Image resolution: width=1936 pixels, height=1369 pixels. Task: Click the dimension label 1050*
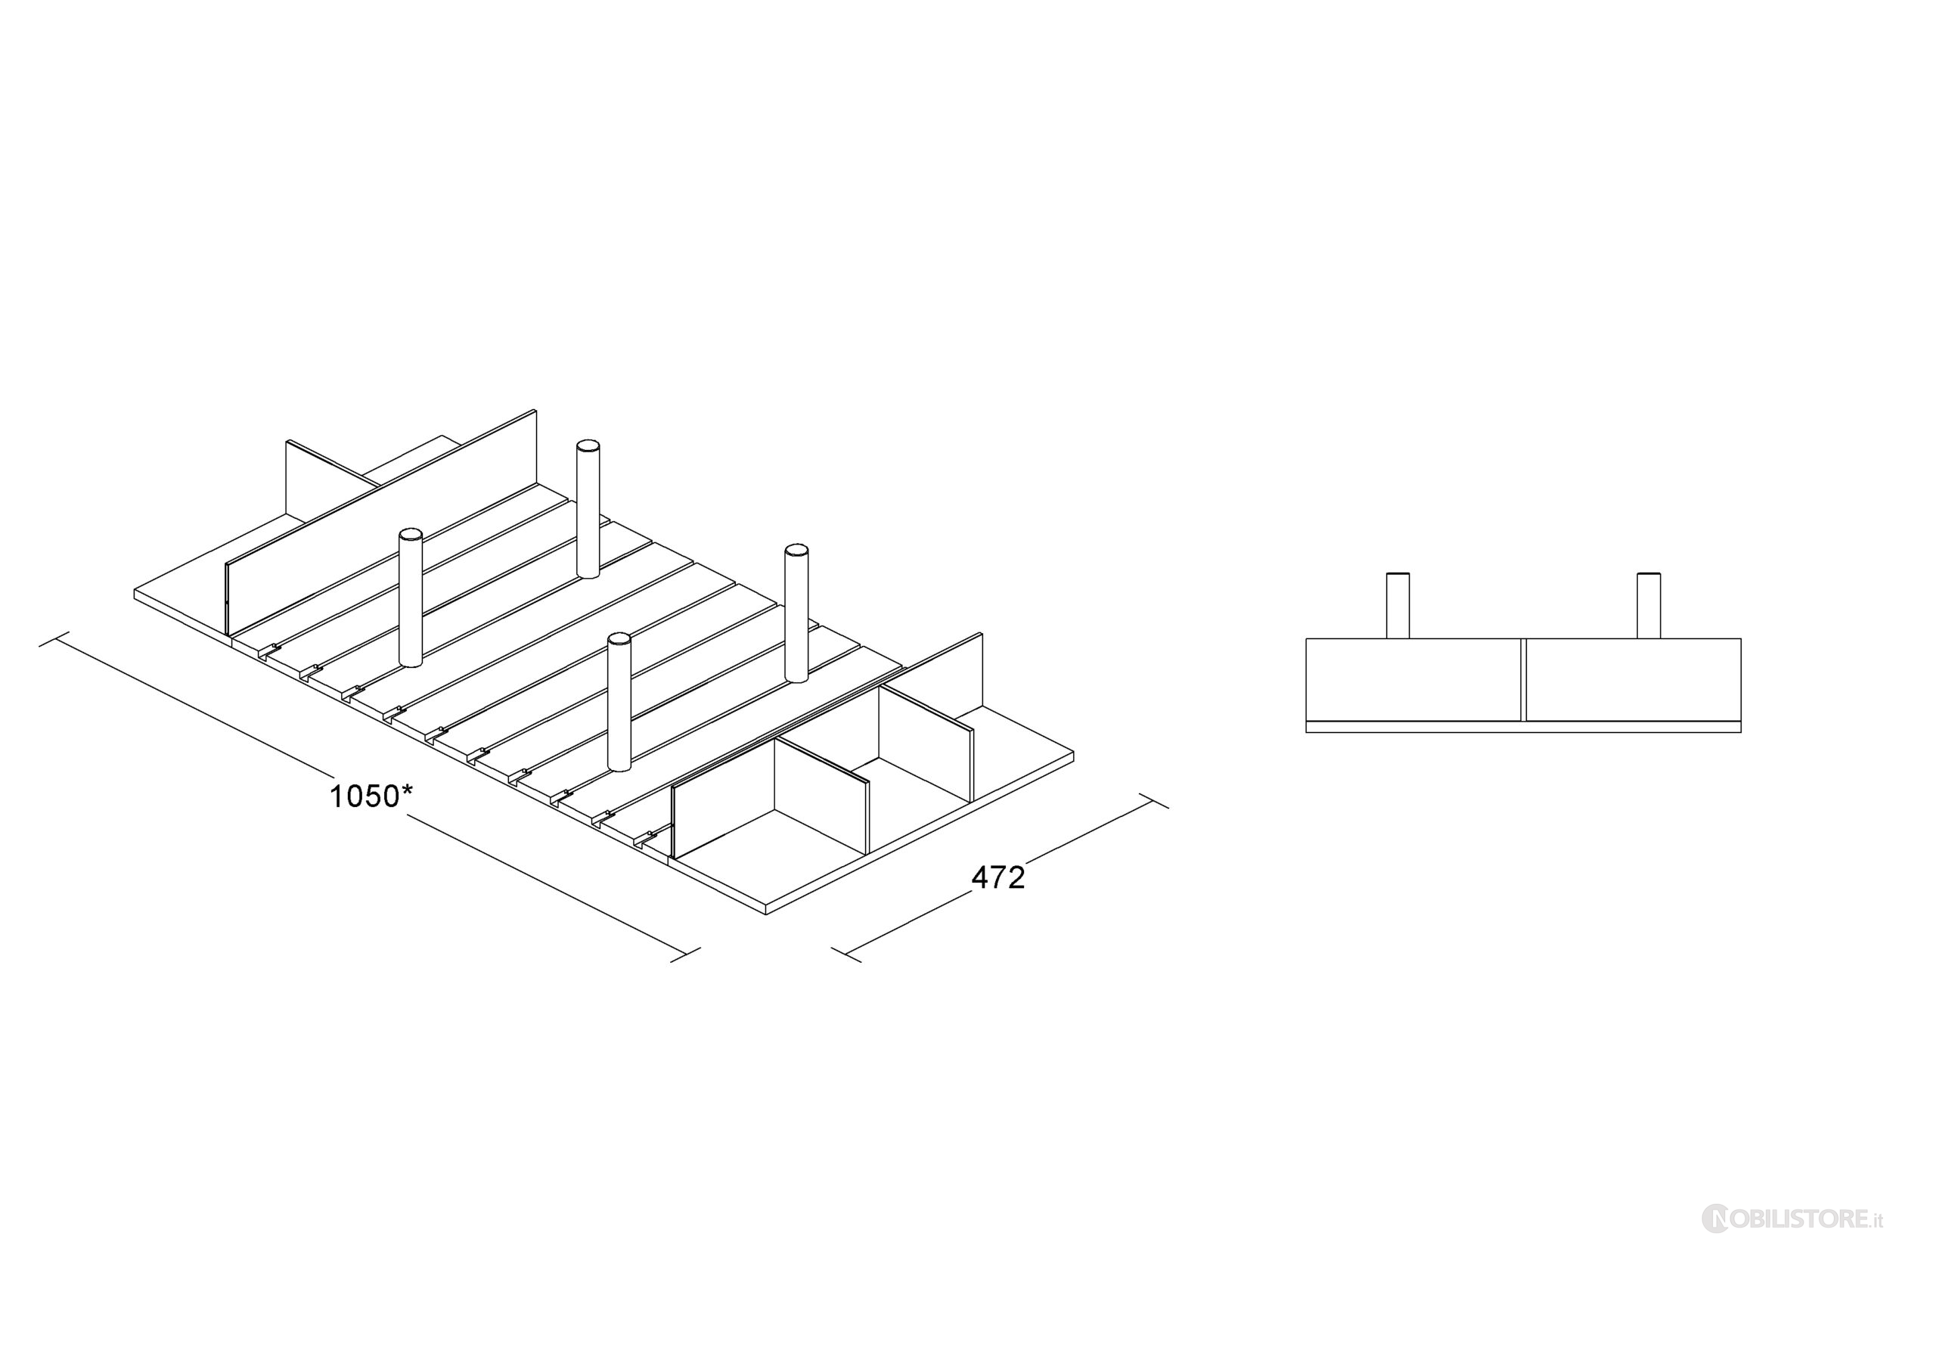coord(370,796)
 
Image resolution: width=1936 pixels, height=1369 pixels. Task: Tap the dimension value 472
coord(998,878)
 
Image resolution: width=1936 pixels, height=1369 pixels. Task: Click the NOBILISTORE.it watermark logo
coord(1792,1243)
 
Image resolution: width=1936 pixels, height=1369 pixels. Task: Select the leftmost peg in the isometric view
coord(411,598)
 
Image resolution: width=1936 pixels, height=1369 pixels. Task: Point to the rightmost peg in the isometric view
coord(796,613)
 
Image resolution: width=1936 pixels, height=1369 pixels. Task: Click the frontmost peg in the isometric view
coord(620,702)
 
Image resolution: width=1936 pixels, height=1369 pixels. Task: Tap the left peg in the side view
coord(1398,606)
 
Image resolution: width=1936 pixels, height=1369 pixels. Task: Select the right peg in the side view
coord(1649,606)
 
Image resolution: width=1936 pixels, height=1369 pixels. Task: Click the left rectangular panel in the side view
coord(1413,680)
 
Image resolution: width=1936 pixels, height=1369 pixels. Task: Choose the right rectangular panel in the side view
coord(1633,680)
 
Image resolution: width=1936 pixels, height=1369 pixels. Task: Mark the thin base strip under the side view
coord(1524,727)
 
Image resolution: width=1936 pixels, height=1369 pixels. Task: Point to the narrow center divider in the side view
coord(1524,680)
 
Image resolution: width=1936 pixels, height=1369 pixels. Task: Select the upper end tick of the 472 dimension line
coord(1153,800)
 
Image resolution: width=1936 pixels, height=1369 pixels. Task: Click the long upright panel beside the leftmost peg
coord(381,522)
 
